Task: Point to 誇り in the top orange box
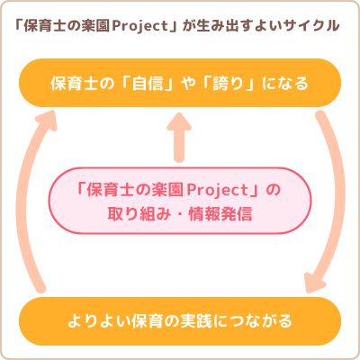pyautogui.click(x=229, y=83)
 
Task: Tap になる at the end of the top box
pyautogui.click(x=285, y=84)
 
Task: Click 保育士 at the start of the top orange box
pyautogui.click(x=75, y=83)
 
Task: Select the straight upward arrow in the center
pyautogui.click(x=179, y=138)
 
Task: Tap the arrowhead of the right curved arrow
pyautogui.click(x=314, y=282)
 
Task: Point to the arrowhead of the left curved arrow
pyautogui.click(x=47, y=120)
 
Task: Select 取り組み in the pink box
pyautogui.click(x=139, y=214)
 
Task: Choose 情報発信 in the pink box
pyautogui.click(x=220, y=214)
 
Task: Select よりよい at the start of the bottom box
pyautogui.click(x=98, y=321)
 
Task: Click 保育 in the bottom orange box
pyautogui.click(x=147, y=321)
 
